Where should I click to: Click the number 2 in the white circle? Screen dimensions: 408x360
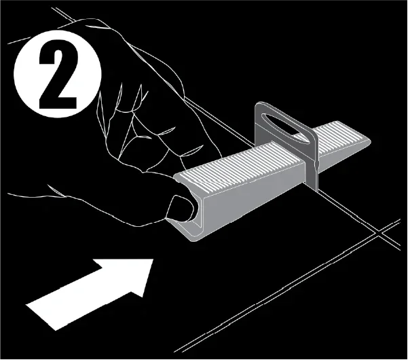[58, 75]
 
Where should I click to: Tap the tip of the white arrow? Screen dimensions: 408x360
[153, 259]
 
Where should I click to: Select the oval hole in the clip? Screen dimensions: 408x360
[286, 128]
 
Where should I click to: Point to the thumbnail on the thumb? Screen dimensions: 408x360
[181, 209]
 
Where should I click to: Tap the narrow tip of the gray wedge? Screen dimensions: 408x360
[367, 142]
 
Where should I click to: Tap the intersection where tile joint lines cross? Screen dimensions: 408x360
[379, 233]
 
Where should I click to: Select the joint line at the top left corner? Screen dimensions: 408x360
[63, 14]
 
